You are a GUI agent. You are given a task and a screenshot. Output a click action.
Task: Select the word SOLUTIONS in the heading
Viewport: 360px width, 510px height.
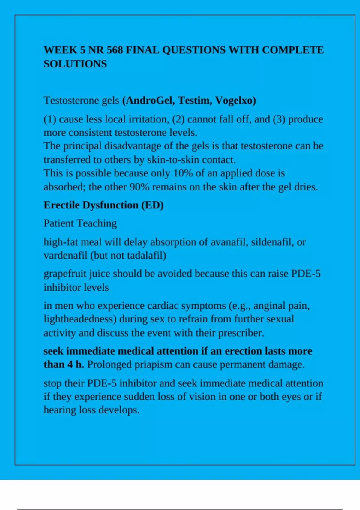(75, 64)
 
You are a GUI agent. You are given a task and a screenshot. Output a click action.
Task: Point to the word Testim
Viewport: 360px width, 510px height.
(195, 100)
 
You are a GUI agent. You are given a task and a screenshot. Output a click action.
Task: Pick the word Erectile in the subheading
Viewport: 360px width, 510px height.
(62, 205)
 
